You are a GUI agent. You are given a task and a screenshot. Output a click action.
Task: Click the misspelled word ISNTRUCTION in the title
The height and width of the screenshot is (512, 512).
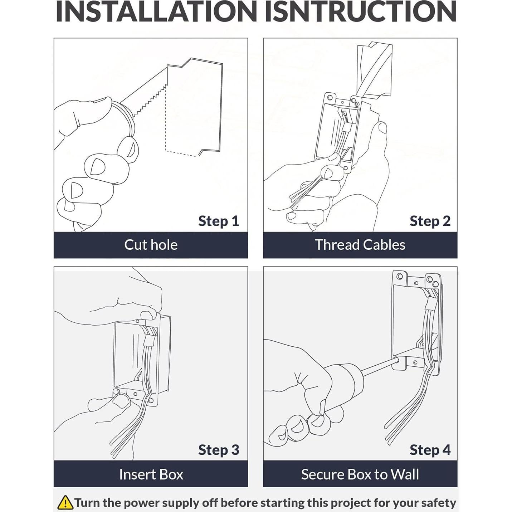point(361,12)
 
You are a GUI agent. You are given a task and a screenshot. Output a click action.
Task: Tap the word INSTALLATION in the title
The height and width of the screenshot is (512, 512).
point(156,12)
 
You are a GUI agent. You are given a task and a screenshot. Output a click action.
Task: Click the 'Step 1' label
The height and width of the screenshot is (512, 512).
point(218,221)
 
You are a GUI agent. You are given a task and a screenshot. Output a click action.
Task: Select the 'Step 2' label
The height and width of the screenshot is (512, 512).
point(430,221)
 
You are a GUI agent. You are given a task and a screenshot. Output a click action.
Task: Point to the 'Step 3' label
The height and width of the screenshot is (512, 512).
point(218,450)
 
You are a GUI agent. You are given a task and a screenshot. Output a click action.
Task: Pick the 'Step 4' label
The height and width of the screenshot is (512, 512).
point(430,450)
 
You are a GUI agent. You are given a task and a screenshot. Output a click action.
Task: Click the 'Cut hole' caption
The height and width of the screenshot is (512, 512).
point(151,245)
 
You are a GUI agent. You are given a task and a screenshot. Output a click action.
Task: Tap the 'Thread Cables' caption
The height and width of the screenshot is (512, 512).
point(360,245)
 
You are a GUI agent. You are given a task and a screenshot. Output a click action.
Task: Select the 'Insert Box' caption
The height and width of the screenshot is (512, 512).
point(151,474)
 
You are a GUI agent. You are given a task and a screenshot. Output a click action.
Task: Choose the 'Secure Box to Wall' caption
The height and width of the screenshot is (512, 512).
point(360,474)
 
